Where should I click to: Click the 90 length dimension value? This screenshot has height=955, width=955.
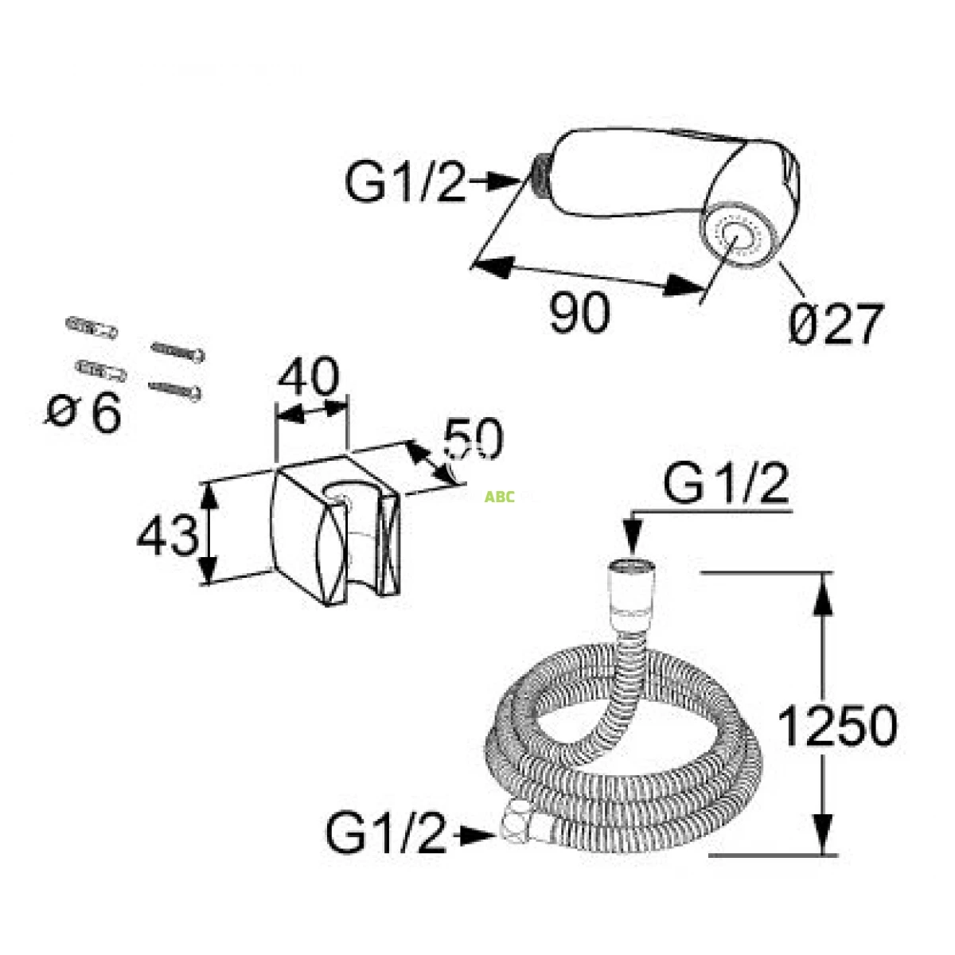pyautogui.click(x=579, y=312)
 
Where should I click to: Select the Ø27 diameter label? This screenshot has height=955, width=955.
pyautogui.click(x=836, y=323)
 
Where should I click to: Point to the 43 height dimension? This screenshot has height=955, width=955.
pyautogui.click(x=167, y=535)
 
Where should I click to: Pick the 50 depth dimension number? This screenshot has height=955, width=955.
pyautogui.click(x=474, y=438)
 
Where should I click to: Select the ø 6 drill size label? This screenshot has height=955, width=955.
pyautogui.click(x=84, y=412)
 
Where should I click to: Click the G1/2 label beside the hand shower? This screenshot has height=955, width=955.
pyautogui.click(x=405, y=182)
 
